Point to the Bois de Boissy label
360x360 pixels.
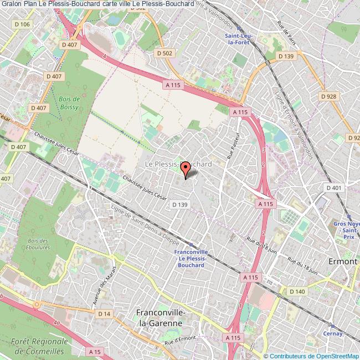(x=68, y=102)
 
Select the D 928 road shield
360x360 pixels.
(x=329, y=96)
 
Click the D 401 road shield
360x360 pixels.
(x=334, y=188)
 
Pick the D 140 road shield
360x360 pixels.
(x=297, y=291)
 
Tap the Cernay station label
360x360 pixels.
(x=335, y=333)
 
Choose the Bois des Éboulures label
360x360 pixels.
(x=38, y=244)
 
